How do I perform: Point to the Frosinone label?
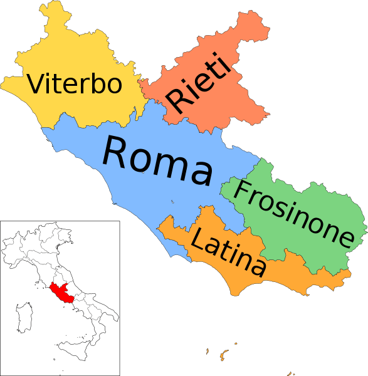click(x=292, y=212)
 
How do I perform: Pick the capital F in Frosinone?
click(x=242, y=191)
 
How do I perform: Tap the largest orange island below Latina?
click(x=222, y=358)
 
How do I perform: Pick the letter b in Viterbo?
click(x=97, y=83)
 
